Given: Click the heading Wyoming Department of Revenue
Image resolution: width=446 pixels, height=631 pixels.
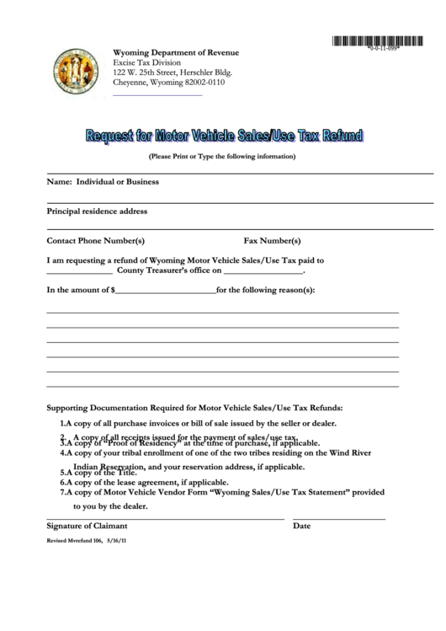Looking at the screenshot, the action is pyautogui.click(x=176, y=52).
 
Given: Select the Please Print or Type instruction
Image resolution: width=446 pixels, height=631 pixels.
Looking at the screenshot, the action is pyautogui.click(x=222, y=157).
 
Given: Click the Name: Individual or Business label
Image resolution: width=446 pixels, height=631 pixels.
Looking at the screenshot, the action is pyautogui.click(x=103, y=181).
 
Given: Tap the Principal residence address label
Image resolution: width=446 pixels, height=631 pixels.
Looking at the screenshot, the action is pyautogui.click(x=97, y=211).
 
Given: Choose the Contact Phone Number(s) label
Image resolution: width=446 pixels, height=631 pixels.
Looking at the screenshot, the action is pyautogui.click(x=95, y=240).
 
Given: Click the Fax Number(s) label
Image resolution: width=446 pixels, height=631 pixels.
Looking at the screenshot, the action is pyautogui.click(x=272, y=240).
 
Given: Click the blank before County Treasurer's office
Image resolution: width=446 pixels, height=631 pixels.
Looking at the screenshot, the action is pyautogui.click(x=79, y=272).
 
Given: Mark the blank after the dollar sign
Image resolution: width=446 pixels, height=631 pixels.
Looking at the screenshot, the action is pyautogui.click(x=164, y=291).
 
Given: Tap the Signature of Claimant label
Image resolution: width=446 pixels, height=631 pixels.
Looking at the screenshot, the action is pyautogui.click(x=87, y=526).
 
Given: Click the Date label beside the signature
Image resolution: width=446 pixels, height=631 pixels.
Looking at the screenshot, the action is pyautogui.click(x=301, y=526).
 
